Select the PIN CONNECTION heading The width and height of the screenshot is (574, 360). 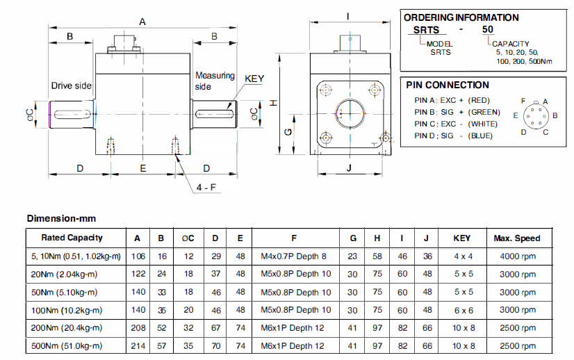click(x=448, y=85)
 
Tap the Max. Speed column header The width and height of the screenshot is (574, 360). click(x=517, y=238)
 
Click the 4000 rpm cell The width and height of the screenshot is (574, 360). click(x=517, y=256)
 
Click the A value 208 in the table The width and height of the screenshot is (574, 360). click(x=137, y=328)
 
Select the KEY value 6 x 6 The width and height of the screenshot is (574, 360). click(x=462, y=310)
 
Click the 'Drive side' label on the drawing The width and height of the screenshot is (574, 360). click(x=70, y=86)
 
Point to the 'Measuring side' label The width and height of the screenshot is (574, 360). click(x=215, y=81)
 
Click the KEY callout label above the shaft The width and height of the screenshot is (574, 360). click(x=255, y=79)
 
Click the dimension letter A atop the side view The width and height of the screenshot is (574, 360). click(x=142, y=22)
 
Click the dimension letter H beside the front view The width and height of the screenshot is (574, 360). click(x=273, y=102)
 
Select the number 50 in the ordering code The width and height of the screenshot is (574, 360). click(x=489, y=30)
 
